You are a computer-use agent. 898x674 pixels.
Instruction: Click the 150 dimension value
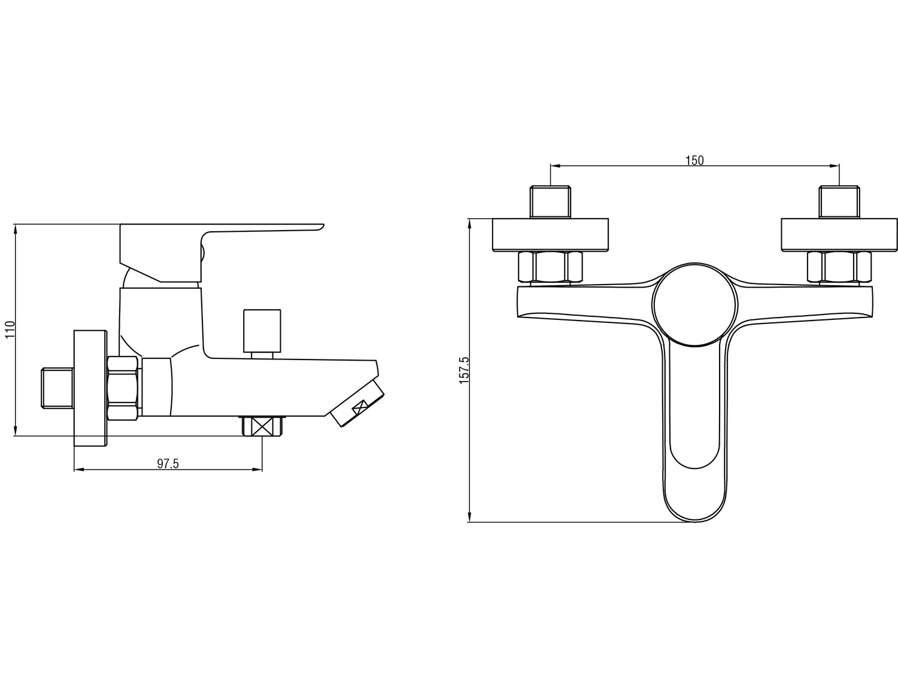694,161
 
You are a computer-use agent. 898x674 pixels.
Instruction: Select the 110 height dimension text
10,330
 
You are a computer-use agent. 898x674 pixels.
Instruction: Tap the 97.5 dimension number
168,464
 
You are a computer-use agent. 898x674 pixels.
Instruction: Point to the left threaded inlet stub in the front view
550,202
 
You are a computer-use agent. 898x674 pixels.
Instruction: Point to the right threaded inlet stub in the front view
839,202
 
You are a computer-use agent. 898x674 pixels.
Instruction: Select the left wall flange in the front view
550,235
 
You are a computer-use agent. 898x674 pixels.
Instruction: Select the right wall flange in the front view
839,235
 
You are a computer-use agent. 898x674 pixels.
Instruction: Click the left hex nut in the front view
550,267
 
